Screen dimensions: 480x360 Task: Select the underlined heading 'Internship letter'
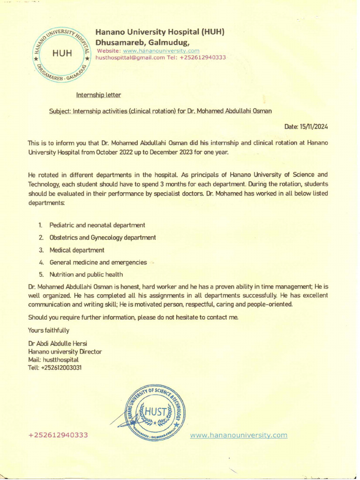(98, 95)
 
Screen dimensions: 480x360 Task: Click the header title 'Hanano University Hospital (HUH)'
(160, 32)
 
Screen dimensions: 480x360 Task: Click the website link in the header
(161, 51)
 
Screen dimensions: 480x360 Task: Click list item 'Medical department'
(77, 250)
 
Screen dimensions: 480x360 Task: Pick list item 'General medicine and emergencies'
(98, 262)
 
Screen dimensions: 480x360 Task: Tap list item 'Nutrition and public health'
(87, 274)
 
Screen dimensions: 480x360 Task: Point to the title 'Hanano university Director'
(65, 352)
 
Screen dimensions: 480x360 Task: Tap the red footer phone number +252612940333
(59, 435)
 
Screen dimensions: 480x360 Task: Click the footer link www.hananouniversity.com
(239, 435)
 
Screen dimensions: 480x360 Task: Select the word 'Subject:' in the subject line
(60, 111)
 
